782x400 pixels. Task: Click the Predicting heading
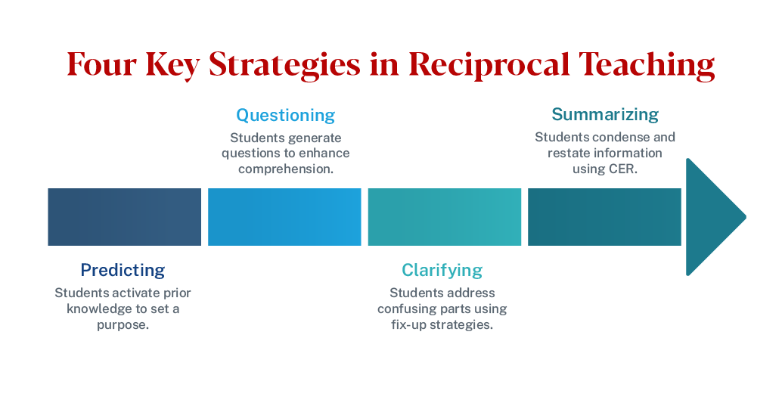click(123, 270)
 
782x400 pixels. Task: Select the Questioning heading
click(285, 116)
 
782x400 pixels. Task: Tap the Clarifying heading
click(442, 270)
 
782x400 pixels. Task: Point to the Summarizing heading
click(605, 115)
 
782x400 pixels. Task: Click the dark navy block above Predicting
click(124, 217)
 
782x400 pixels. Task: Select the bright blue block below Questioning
click(284, 217)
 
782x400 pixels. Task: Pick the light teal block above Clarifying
click(445, 217)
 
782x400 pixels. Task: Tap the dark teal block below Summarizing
click(604, 217)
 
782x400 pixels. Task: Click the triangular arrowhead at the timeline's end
click(712, 217)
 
